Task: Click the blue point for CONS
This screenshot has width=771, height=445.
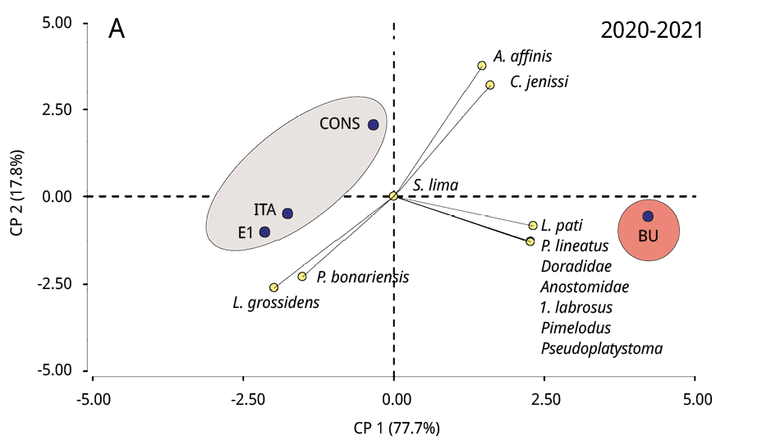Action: pyautogui.click(x=373, y=125)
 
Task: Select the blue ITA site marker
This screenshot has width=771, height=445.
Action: pyautogui.click(x=287, y=213)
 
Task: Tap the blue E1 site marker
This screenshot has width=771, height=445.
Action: pyautogui.click(x=264, y=232)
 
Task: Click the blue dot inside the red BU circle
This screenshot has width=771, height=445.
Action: pyautogui.click(x=648, y=216)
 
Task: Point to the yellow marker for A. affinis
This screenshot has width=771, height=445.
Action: pyautogui.click(x=482, y=66)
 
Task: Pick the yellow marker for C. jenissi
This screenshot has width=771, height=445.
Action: pyautogui.click(x=490, y=85)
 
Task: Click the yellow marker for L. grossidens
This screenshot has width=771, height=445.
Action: pyautogui.click(x=273, y=287)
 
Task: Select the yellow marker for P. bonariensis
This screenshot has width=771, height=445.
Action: pyautogui.click(x=302, y=277)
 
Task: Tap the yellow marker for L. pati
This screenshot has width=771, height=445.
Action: pyautogui.click(x=533, y=225)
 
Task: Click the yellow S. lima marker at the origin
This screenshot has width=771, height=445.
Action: pyautogui.click(x=393, y=195)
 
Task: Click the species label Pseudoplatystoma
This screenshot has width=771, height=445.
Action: pyautogui.click(x=601, y=349)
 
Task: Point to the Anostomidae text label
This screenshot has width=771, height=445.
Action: pyautogui.click(x=585, y=287)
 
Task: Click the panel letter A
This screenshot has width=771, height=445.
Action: pyautogui.click(x=117, y=30)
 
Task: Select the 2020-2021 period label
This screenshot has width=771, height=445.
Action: pyautogui.click(x=652, y=30)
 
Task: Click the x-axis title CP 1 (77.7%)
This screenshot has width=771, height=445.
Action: pyautogui.click(x=397, y=428)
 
